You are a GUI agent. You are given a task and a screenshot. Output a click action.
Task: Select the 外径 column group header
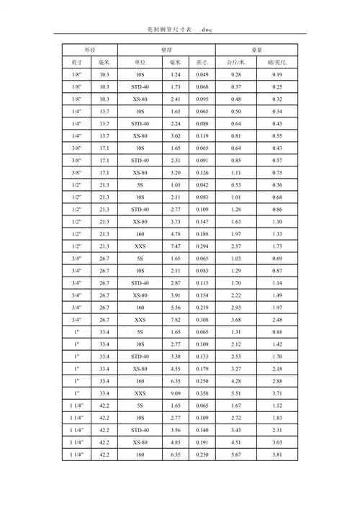point(89,49)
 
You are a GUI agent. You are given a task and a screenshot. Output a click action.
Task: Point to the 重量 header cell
point(256,49)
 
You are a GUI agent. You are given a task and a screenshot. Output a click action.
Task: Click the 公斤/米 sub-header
point(236,63)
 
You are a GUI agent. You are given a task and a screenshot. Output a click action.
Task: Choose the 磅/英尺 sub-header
point(277,63)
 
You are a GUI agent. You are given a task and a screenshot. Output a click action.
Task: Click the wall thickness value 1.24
point(175,75)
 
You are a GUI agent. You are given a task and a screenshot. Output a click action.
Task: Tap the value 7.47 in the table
point(175,246)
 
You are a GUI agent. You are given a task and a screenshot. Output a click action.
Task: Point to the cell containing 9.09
point(175,393)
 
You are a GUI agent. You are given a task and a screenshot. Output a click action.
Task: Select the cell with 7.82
point(175,320)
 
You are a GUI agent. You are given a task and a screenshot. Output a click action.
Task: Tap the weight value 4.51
point(236,442)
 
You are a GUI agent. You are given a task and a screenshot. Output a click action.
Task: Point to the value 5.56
point(175,308)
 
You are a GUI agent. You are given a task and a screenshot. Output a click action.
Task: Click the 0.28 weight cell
point(236,75)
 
